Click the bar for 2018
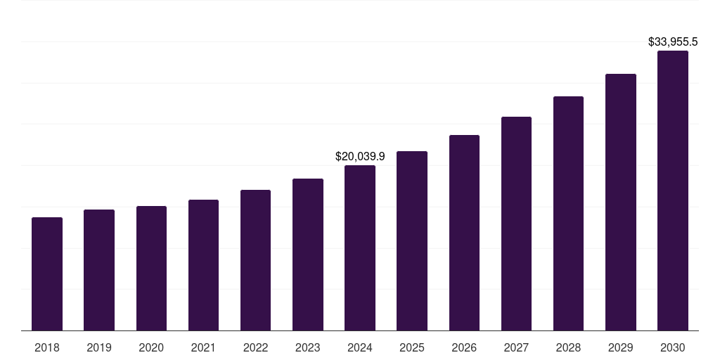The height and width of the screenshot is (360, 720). click(x=47, y=274)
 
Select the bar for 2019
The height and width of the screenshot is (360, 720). click(x=99, y=270)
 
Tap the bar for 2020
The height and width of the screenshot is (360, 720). click(x=152, y=268)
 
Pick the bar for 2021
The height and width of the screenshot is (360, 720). click(x=203, y=265)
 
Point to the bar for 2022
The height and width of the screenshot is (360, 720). click(x=255, y=260)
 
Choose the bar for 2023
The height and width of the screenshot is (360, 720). click(x=308, y=255)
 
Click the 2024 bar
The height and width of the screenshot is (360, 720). click(x=360, y=248)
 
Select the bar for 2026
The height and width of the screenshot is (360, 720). click(x=464, y=233)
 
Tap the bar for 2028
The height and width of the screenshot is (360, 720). click(x=568, y=214)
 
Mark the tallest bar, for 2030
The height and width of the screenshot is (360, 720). click(x=673, y=191)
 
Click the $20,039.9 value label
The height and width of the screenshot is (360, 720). click(x=361, y=157)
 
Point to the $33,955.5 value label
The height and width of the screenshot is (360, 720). click(x=673, y=41)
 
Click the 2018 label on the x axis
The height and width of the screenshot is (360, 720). click(x=47, y=347)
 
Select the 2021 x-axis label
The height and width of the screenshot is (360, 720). click(x=203, y=347)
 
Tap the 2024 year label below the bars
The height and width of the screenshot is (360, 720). click(x=360, y=347)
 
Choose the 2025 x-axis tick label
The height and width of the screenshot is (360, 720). click(x=412, y=347)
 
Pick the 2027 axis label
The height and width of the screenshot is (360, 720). click(x=516, y=347)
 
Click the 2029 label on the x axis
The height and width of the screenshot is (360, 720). click(x=620, y=347)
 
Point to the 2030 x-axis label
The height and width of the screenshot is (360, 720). click(x=673, y=347)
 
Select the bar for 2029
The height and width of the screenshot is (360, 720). click(x=621, y=202)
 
